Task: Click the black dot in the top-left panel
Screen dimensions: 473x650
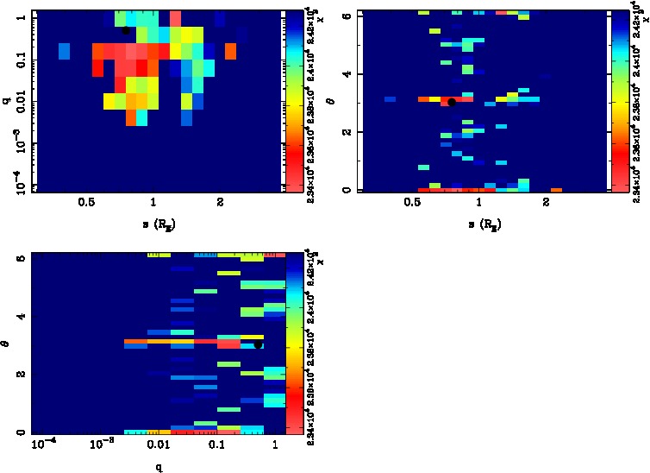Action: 126,30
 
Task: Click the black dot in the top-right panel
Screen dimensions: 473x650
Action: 452,102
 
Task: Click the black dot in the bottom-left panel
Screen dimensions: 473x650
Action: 258,344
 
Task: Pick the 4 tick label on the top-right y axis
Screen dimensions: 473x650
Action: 344,73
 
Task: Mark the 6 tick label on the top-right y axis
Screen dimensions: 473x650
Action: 344,16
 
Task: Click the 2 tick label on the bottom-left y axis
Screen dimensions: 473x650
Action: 19,375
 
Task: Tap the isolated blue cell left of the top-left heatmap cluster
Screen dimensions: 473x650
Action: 64,52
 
